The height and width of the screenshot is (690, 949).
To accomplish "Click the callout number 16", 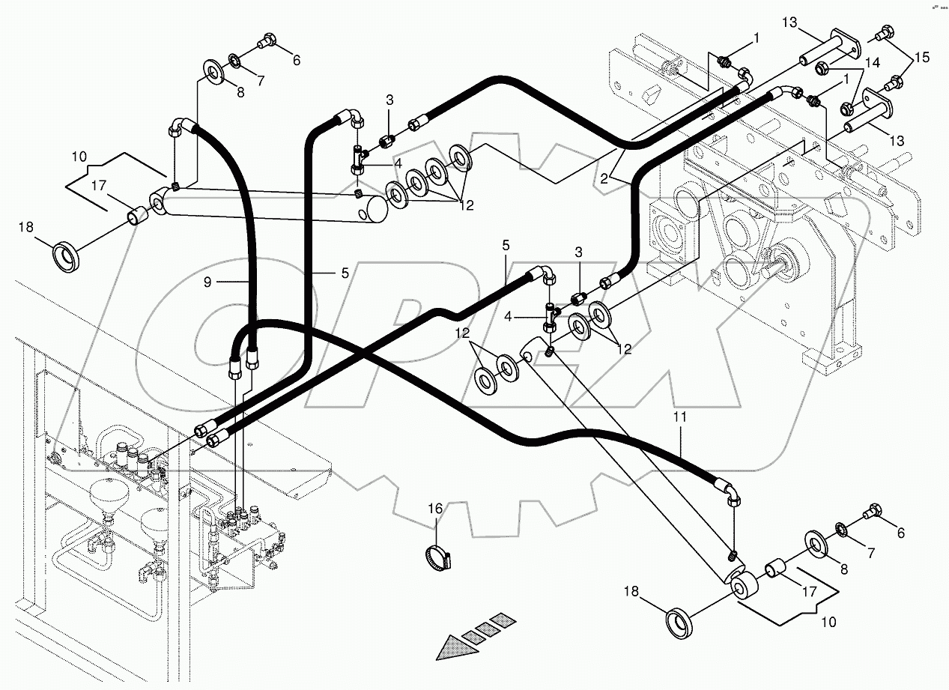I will point(435,509).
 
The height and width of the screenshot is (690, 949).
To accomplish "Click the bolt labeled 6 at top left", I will point(266,43).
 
